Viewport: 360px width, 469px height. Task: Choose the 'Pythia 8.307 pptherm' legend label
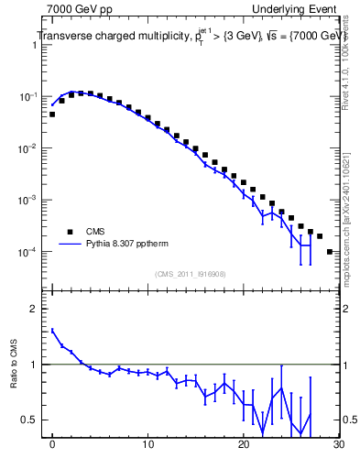tap(127, 245)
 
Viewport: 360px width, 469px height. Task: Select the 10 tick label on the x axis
tap(147, 446)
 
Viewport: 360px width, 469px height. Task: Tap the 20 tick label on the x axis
tap(243, 446)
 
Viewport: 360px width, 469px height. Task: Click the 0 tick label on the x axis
tap(52, 446)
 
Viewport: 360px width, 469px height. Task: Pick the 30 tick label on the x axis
tap(337, 446)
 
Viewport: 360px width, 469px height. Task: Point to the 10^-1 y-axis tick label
tap(31, 96)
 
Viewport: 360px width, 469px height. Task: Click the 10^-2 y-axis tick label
tap(31, 148)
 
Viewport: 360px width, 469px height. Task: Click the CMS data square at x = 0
tap(52, 115)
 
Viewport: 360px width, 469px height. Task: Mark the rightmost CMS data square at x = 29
tap(329, 251)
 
